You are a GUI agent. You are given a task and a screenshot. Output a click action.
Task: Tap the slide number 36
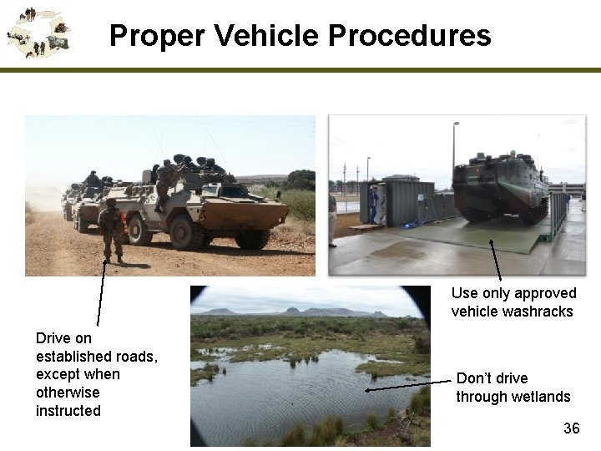(x=571, y=428)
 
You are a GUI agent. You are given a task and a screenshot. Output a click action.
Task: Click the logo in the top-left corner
(x=38, y=32)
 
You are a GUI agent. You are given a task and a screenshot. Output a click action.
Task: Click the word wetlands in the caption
(x=540, y=397)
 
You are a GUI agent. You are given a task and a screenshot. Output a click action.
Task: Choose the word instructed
(x=68, y=411)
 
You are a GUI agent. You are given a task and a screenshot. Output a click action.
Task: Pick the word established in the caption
(x=73, y=357)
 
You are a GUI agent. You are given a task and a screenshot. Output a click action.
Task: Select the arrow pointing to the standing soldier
(x=102, y=292)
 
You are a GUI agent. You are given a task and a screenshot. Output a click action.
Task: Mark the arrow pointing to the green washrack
(x=496, y=259)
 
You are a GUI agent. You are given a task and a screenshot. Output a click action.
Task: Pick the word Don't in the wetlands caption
(x=473, y=378)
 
